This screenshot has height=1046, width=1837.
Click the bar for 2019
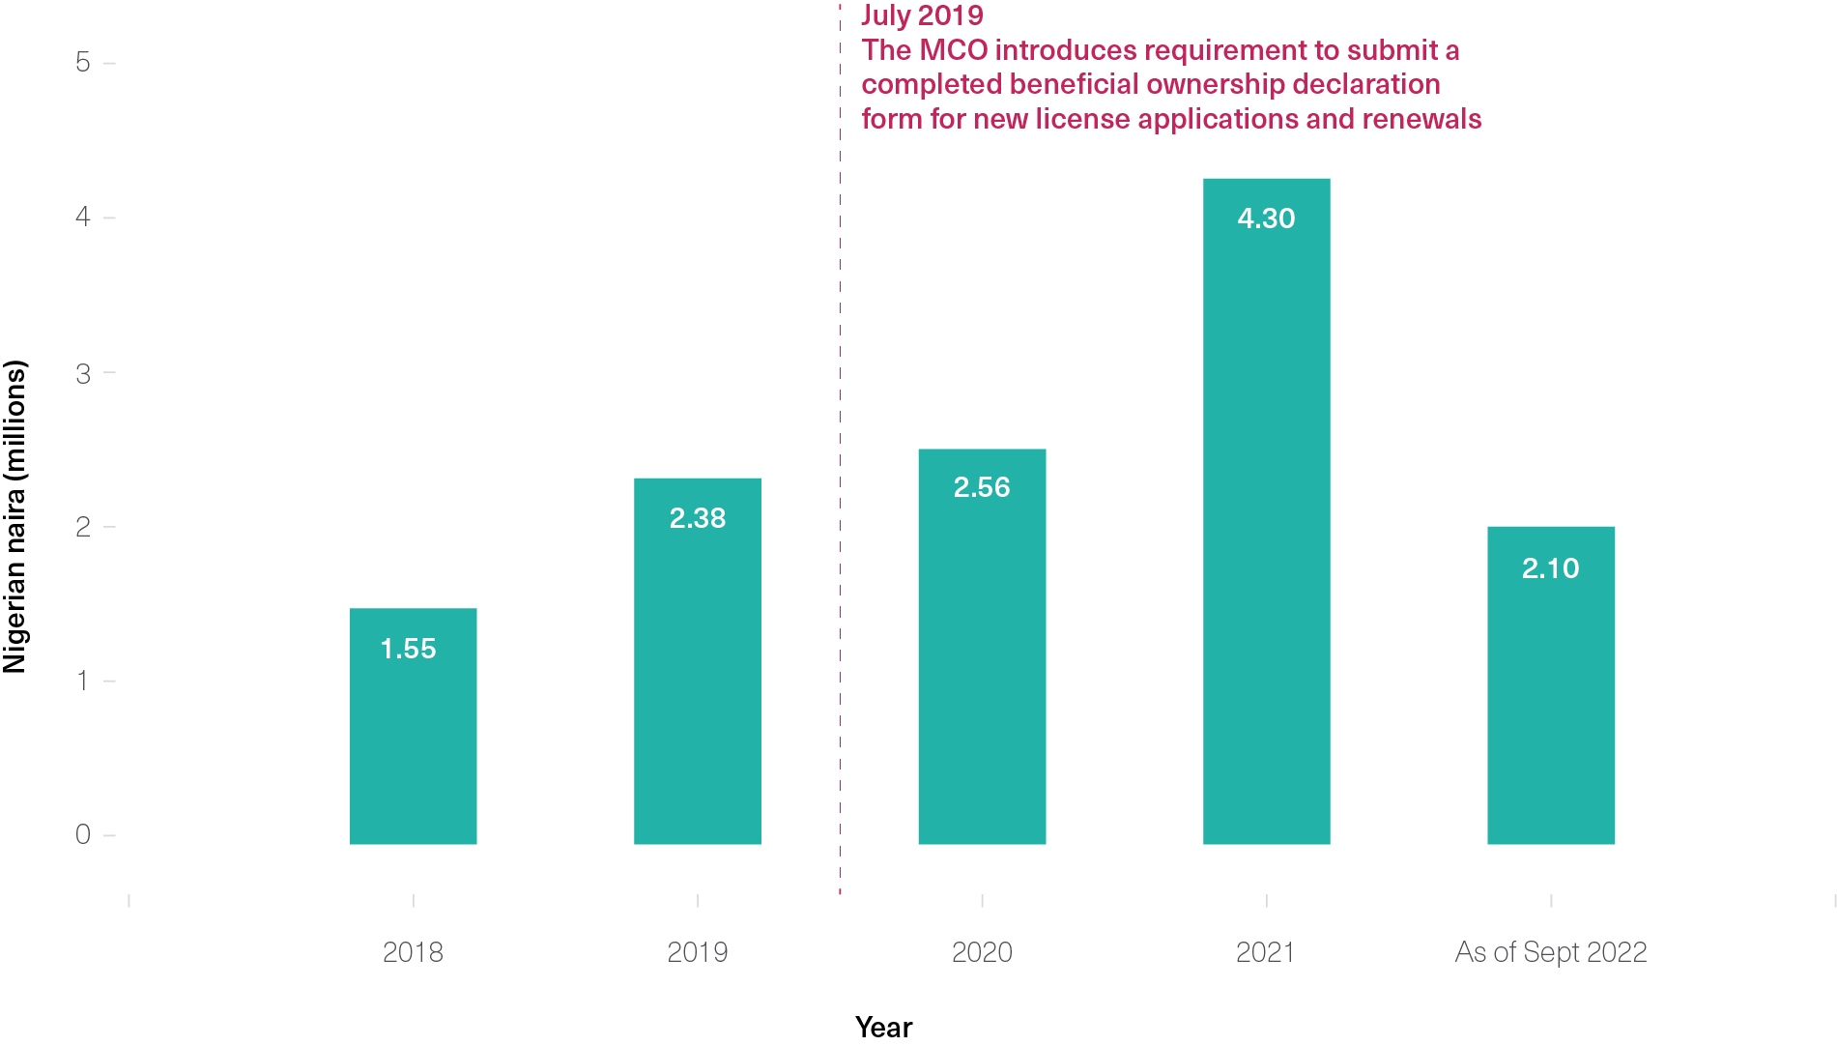pyautogui.click(x=697, y=677)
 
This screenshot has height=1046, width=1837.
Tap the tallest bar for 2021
pyautogui.click(x=1266, y=532)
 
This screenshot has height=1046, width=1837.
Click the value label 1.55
pyautogui.click(x=408, y=649)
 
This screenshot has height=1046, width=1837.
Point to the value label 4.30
pyautogui.click(x=1266, y=218)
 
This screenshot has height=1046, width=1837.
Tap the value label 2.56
pyautogui.click(x=982, y=487)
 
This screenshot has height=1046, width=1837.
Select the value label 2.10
pyautogui.click(x=1550, y=568)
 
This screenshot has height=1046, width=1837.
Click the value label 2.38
pyautogui.click(x=697, y=518)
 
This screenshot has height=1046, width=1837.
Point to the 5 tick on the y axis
pyautogui.click(x=83, y=63)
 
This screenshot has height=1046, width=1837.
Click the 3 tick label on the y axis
pyautogui.click(x=83, y=373)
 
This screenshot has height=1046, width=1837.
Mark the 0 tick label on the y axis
pyautogui.click(x=83, y=834)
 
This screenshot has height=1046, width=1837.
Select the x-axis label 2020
pyautogui.click(x=982, y=952)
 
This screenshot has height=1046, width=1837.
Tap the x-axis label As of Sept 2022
pyautogui.click(x=1550, y=952)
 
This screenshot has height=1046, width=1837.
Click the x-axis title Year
pyautogui.click(x=883, y=1027)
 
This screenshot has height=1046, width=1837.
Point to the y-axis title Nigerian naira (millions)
pyautogui.click(x=15, y=517)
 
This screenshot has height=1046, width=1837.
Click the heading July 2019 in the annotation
pyautogui.click(x=922, y=15)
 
